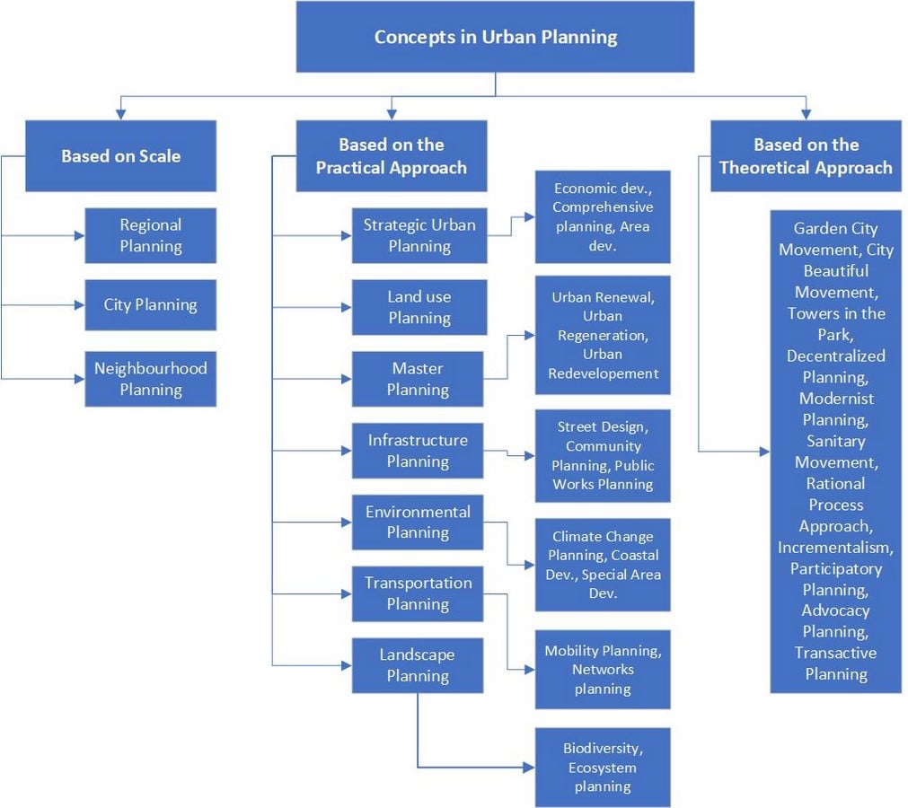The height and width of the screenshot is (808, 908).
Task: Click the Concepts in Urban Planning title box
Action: [495, 37]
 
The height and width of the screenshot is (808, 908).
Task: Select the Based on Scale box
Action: [120, 155]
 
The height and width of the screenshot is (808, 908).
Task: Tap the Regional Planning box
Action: [151, 235]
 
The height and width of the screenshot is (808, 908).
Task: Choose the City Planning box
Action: [151, 305]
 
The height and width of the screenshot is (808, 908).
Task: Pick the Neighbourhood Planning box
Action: [151, 379]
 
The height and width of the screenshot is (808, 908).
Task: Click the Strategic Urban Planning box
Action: [419, 235]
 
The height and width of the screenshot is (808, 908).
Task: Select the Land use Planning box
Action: [419, 307]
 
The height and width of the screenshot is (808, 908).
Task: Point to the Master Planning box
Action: [418, 379]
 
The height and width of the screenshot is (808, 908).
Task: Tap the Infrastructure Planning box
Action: [418, 451]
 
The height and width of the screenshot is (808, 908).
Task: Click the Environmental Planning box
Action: [418, 523]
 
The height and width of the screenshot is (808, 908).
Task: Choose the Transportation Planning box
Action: [418, 593]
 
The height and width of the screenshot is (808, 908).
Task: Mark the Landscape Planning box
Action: [418, 665]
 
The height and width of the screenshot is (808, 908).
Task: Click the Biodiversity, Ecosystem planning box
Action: [603, 768]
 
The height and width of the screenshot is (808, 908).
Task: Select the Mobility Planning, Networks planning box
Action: [603, 670]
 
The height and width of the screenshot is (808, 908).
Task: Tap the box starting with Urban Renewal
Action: [603, 335]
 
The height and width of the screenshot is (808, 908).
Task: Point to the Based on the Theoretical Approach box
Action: [807, 155]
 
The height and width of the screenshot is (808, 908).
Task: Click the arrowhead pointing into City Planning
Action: [79, 305]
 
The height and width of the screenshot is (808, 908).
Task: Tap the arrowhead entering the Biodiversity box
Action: [529, 768]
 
